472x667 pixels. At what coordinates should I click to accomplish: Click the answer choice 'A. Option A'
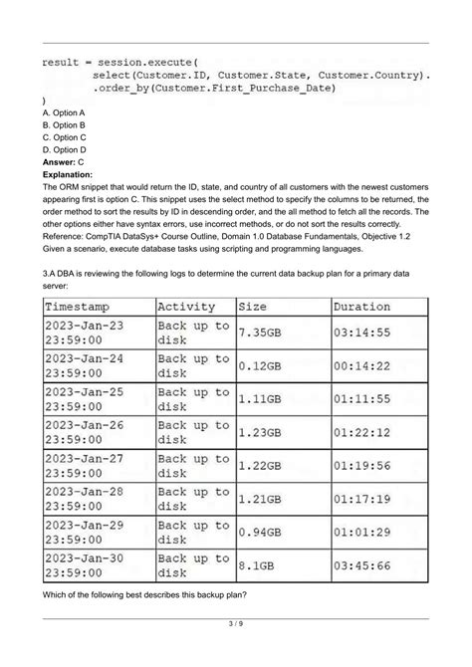pyautogui.click(x=64, y=114)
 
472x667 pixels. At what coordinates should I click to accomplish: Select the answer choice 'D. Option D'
pyautogui.click(x=64, y=149)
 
